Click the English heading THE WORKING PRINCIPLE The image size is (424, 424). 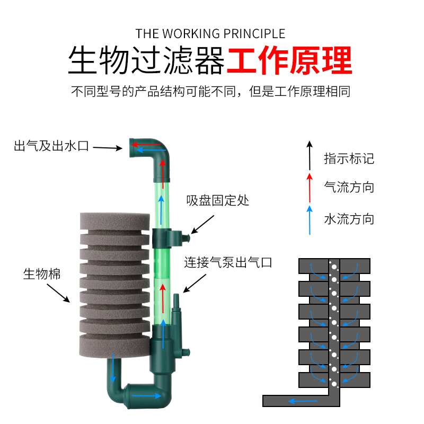click(x=210, y=34)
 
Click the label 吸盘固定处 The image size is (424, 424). click(x=217, y=201)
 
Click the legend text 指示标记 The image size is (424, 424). click(x=349, y=158)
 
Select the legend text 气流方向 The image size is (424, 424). click(x=349, y=187)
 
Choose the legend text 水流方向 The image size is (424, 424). click(x=349, y=219)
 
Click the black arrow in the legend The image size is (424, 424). click(x=309, y=155)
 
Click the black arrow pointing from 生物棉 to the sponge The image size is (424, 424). click(x=58, y=292)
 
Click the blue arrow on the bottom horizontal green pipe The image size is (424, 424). click(x=148, y=395)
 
